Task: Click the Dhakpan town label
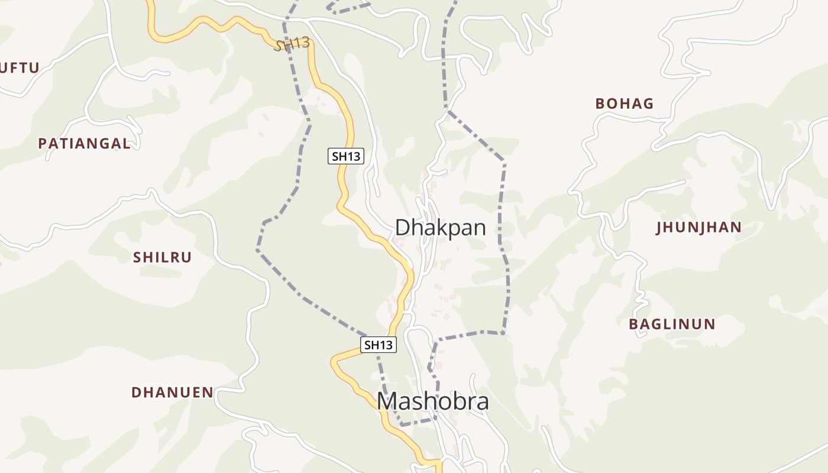(x=440, y=228)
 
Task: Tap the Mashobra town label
(x=433, y=401)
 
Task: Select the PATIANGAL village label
(x=84, y=143)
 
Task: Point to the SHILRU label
(x=163, y=257)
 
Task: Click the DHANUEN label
(x=172, y=392)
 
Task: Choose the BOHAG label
(x=624, y=103)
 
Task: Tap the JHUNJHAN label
(x=698, y=228)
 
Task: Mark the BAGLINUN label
(x=672, y=324)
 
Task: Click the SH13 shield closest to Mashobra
(x=379, y=345)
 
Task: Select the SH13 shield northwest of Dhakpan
(x=345, y=156)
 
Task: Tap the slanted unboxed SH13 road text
(x=292, y=44)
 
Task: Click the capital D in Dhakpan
(x=402, y=228)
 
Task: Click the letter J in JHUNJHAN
(x=659, y=228)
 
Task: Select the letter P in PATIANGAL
(x=43, y=143)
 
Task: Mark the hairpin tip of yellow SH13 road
(x=333, y=360)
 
